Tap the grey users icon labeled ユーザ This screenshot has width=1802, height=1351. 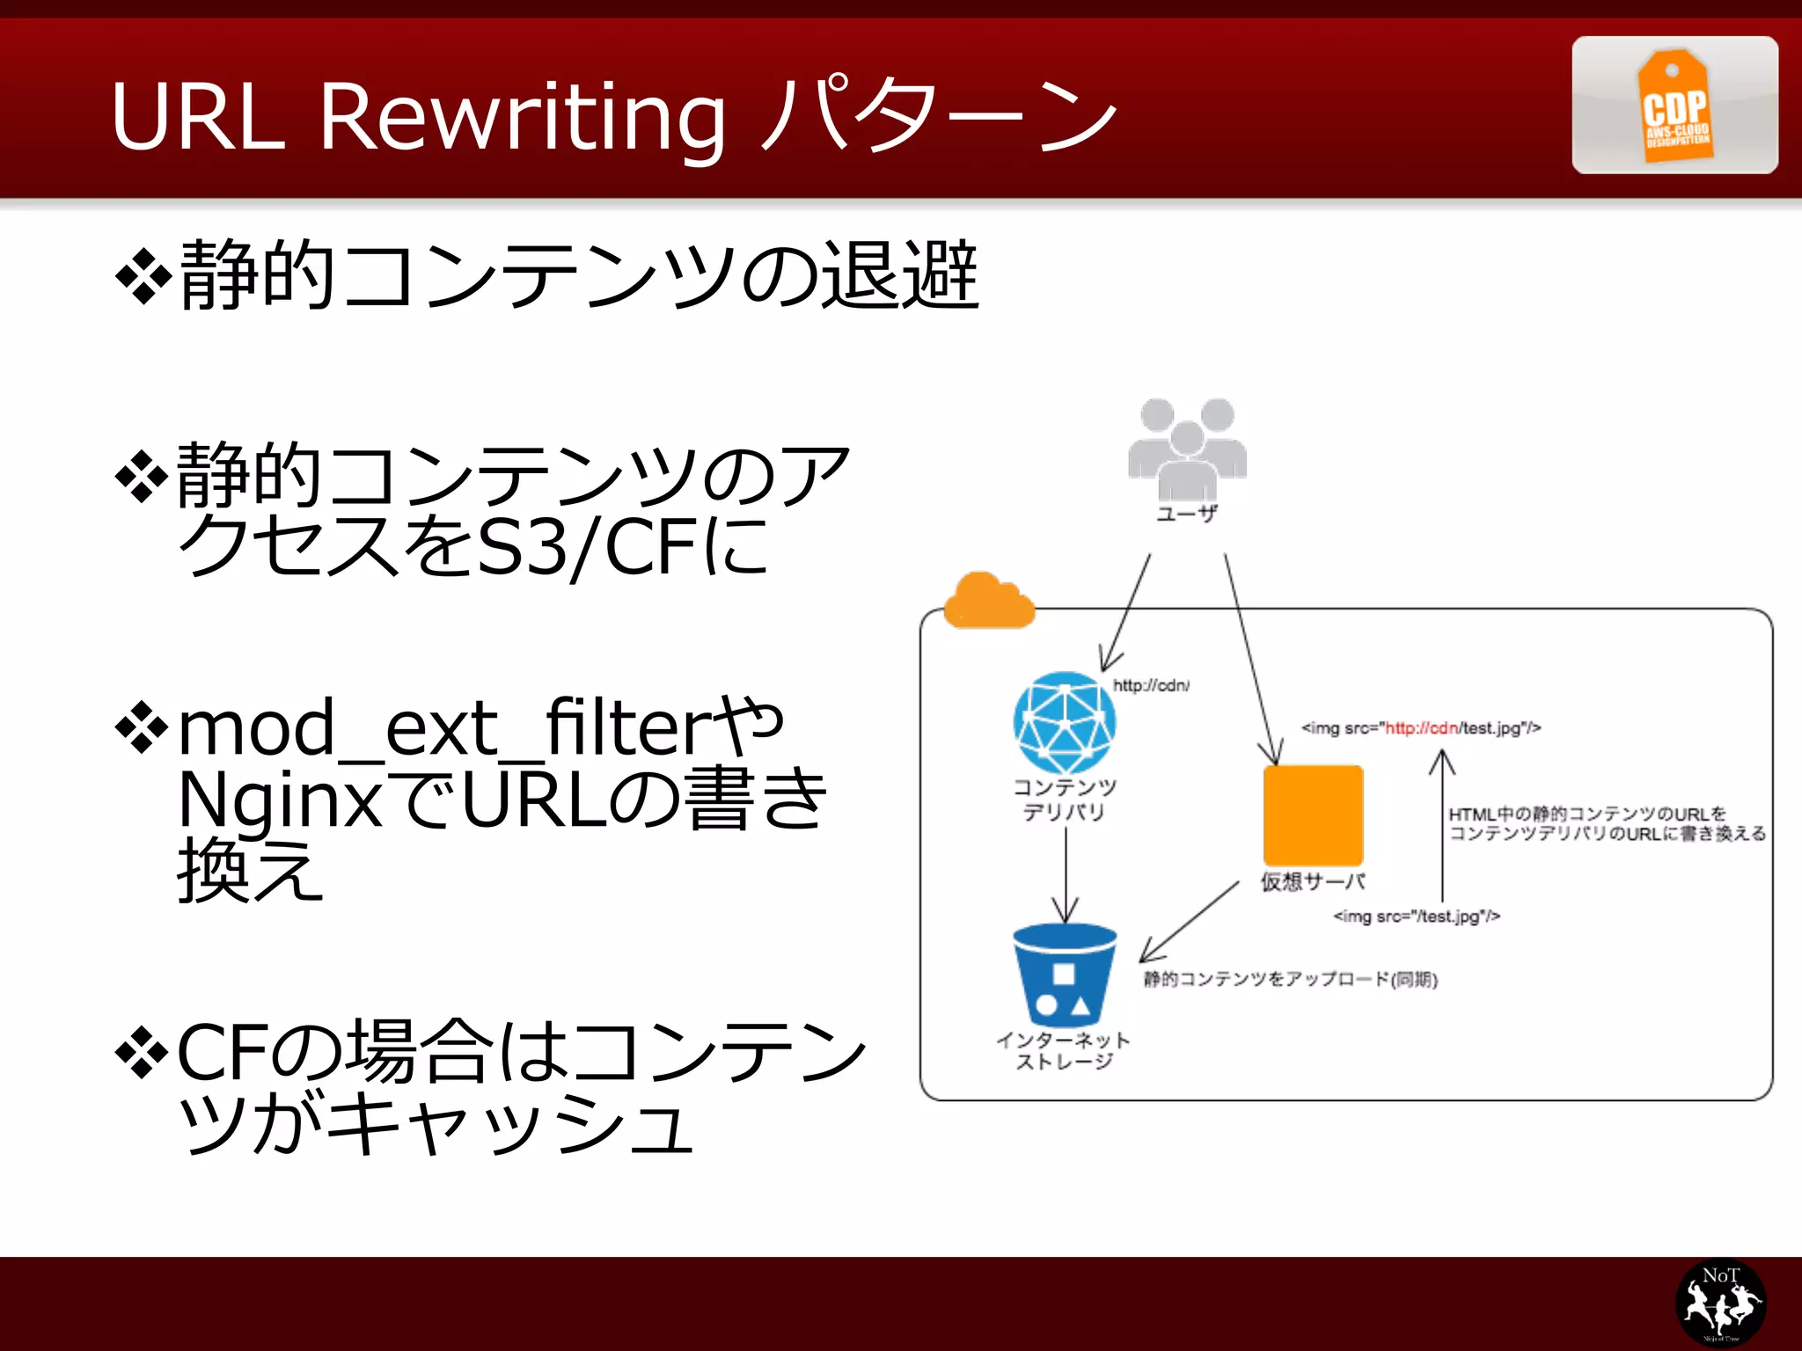1186,449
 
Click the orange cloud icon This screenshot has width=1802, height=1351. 987,602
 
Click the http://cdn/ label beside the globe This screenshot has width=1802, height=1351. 1151,685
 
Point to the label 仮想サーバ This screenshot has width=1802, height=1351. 1313,881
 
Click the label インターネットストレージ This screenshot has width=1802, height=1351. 1064,1051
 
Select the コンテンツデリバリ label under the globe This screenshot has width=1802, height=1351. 1064,799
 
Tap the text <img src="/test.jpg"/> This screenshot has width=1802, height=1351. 1417,916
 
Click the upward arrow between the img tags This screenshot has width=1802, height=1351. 1441,827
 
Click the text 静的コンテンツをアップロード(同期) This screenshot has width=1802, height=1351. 1290,979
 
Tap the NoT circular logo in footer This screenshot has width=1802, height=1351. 1720,1303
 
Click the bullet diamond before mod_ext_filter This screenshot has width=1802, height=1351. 142,729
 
